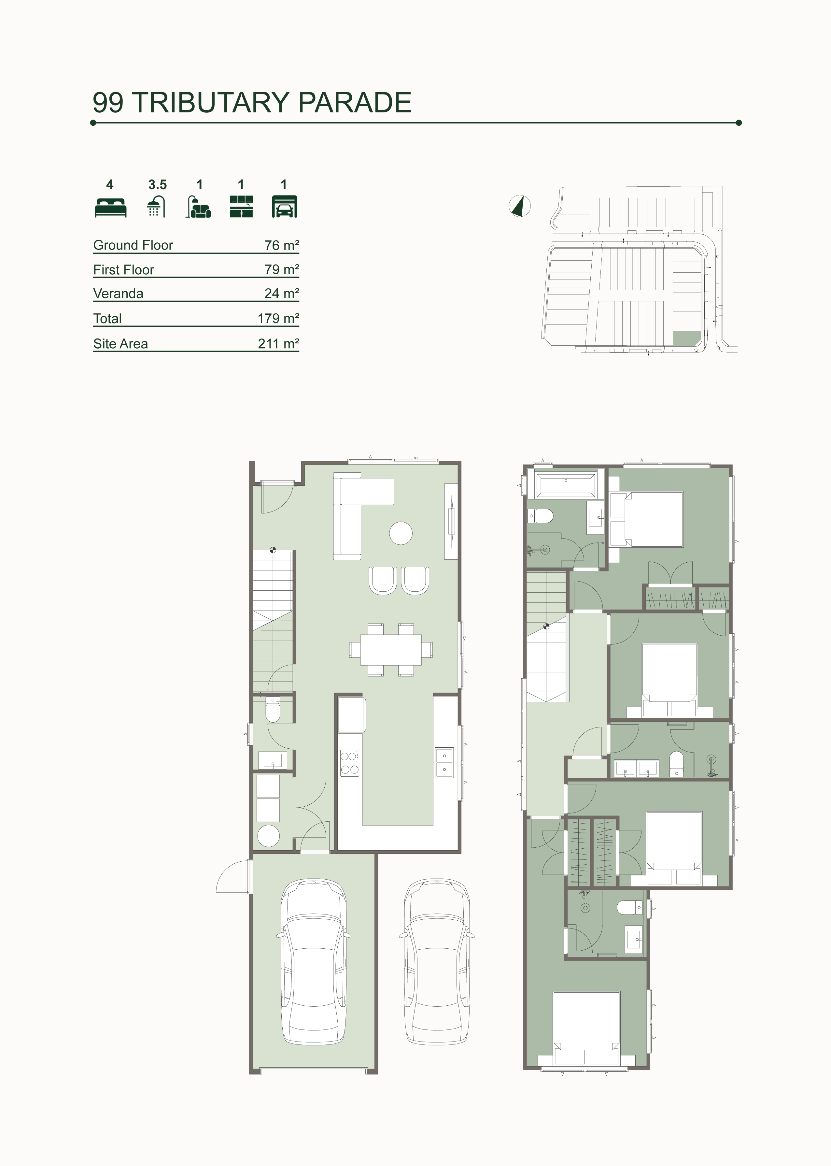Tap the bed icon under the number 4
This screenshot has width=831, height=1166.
(x=110, y=207)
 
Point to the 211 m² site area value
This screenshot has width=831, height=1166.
(x=278, y=343)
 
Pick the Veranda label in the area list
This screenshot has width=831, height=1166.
(x=118, y=294)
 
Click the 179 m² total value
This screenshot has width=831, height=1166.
(x=278, y=318)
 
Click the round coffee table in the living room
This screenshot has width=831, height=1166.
(x=401, y=533)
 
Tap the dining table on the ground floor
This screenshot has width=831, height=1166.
(x=391, y=650)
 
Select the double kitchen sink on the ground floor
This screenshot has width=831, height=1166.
(x=444, y=763)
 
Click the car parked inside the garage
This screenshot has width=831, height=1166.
(x=314, y=962)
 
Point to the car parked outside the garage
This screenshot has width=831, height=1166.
(x=437, y=962)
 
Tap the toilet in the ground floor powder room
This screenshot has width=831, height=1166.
(x=273, y=710)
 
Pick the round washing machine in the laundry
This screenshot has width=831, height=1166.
(x=269, y=836)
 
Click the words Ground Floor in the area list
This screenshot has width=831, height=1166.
(x=133, y=245)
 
